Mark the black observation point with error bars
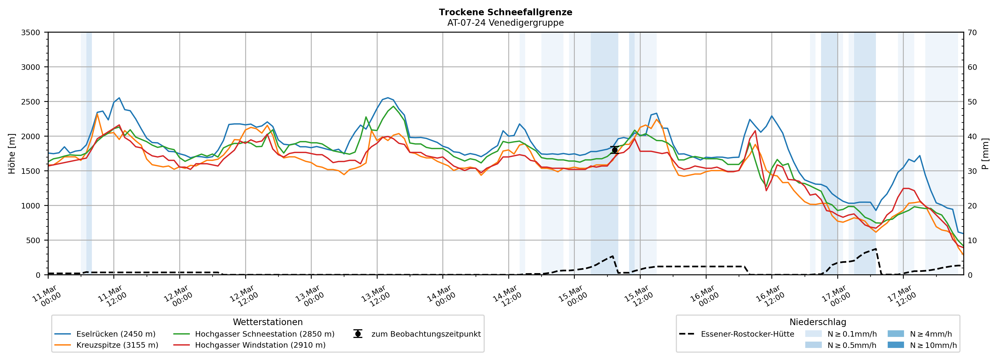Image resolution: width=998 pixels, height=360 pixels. [x=614, y=150]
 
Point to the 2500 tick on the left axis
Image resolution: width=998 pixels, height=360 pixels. [x=31, y=102]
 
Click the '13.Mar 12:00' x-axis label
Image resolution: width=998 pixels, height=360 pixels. [x=375, y=296]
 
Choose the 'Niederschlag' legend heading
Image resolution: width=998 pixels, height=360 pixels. [x=817, y=322]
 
